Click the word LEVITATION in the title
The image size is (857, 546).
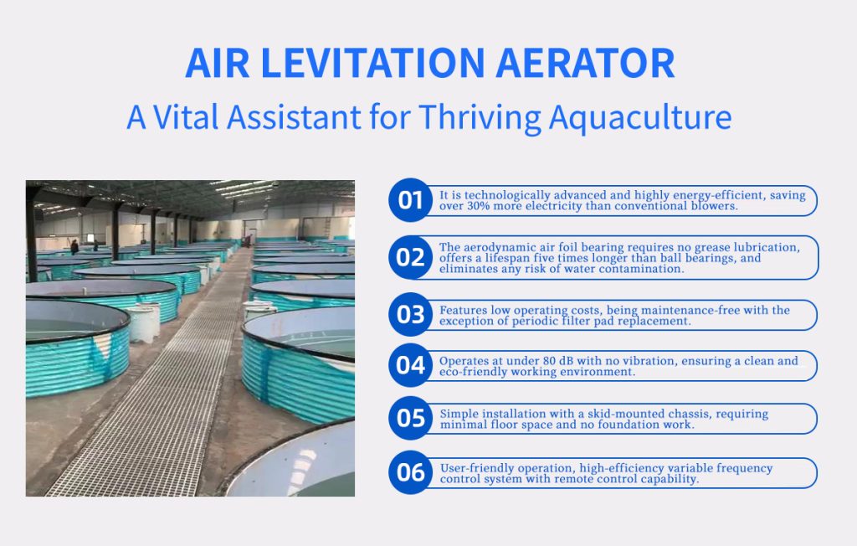tap(372, 64)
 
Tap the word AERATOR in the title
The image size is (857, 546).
tap(585, 64)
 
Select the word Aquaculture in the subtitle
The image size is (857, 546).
tap(640, 118)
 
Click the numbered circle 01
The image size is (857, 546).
tap(410, 200)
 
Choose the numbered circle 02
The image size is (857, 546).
tap(410, 257)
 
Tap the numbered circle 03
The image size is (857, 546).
tap(410, 315)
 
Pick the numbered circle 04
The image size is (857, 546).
tap(410, 365)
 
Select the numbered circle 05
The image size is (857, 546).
tap(410, 418)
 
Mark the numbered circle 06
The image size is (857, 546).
tap(410, 472)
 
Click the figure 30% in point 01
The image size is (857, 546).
tap(478, 206)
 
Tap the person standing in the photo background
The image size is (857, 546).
tap(74, 247)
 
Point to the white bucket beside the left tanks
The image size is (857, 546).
tap(143, 322)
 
